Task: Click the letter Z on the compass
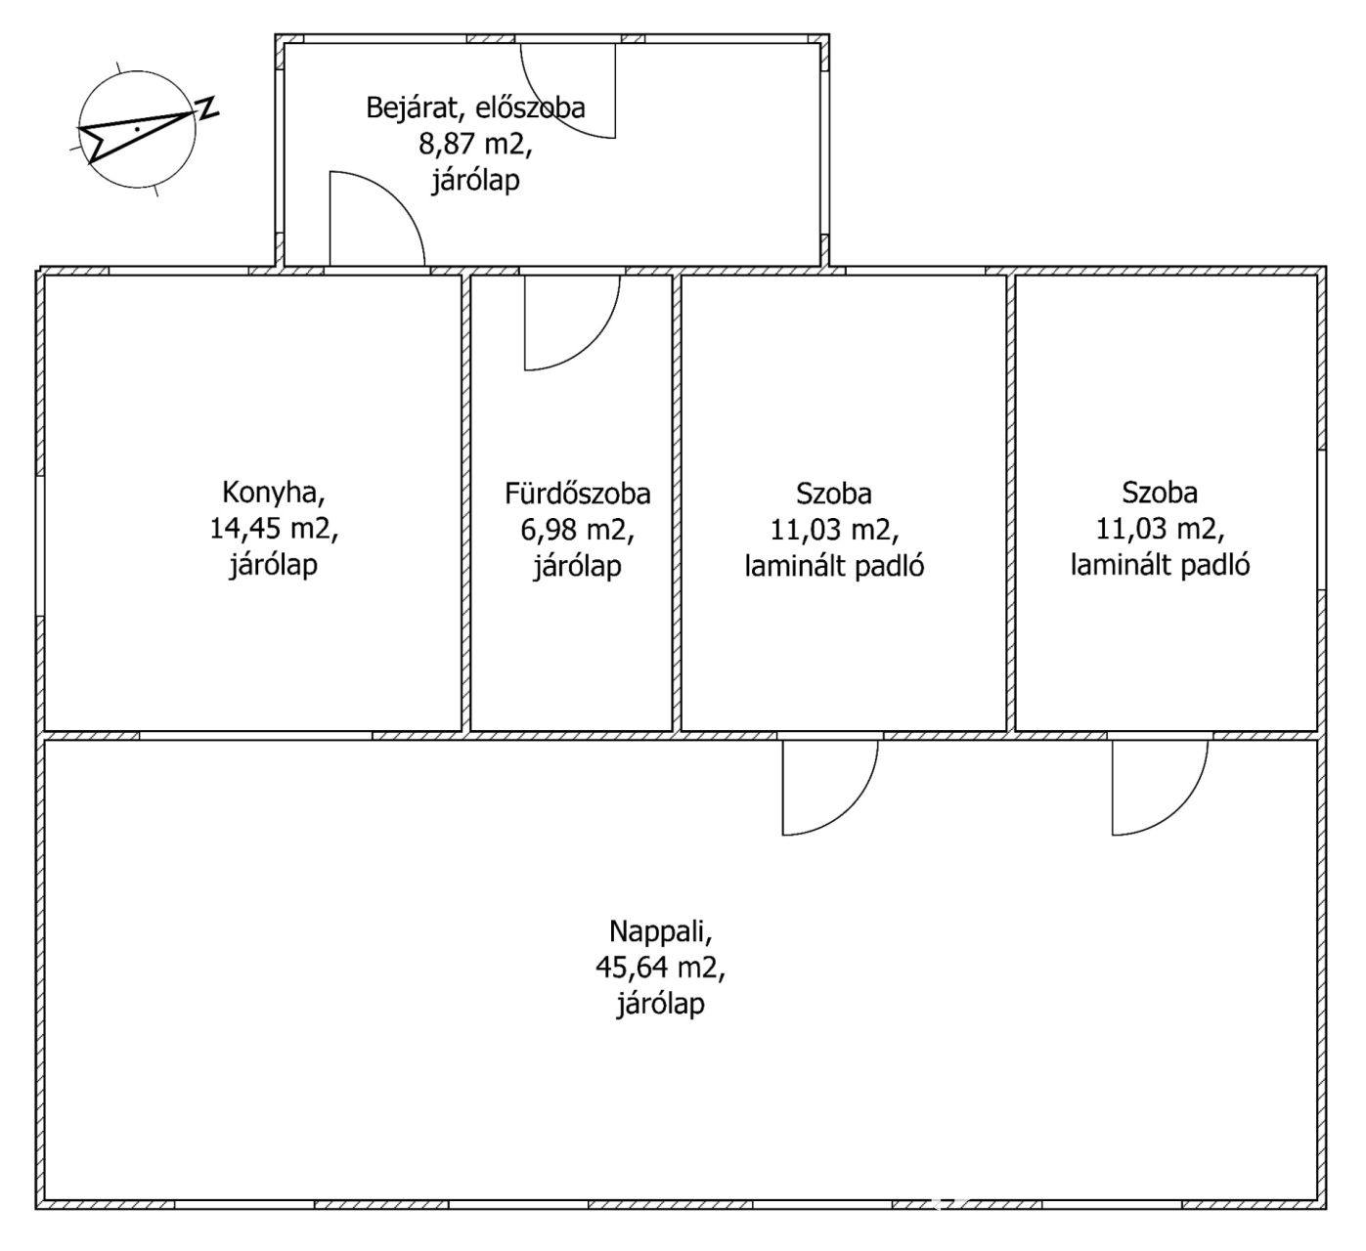[x=207, y=108]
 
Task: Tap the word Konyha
[x=274, y=493]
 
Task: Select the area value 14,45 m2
[x=274, y=529]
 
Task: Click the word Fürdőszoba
[x=578, y=494]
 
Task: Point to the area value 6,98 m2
[x=578, y=530]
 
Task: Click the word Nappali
[x=661, y=931]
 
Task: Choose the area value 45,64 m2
[x=661, y=968]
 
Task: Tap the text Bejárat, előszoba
[x=475, y=108]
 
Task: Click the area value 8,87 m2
[x=475, y=144]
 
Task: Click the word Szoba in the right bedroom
[x=1160, y=493]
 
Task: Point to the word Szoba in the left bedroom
[x=834, y=494]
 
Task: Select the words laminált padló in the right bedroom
[x=1160, y=565]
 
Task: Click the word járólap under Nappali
[x=661, y=1004]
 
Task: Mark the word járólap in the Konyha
[x=274, y=565]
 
